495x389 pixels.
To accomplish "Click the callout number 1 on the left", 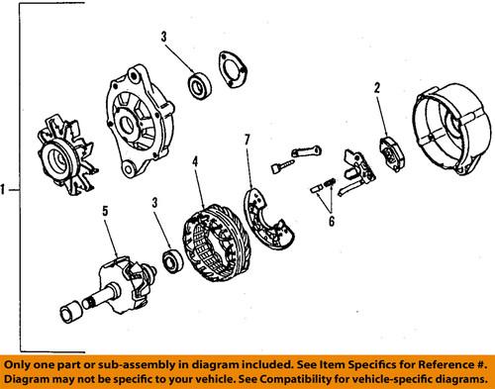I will tap(8, 189).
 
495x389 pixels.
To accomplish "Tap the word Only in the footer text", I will tap(21, 363).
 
